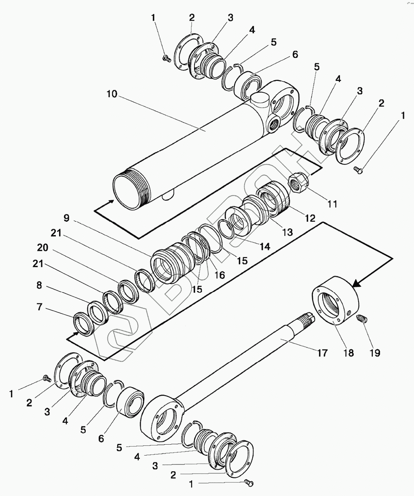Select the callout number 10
pyautogui.click(x=112, y=94)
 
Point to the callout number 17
pyautogui.click(x=322, y=353)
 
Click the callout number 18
pyautogui.click(x=349, y=353)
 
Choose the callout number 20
pyautogui.click(x=42, y=248)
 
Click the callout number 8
pyautogui.click(x=39, y=285)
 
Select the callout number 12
pyautogui.click(x=310, y=218)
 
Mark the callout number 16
pyautogui.click(x=220, y=275)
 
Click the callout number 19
pyautogui.click(x=375, y=353)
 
